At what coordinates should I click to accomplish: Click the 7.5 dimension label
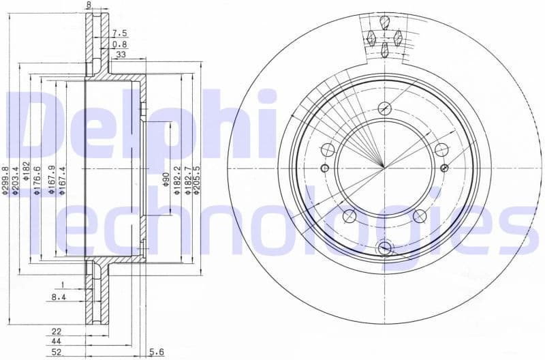(119, 33)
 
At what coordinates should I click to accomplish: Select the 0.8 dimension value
(119, 44)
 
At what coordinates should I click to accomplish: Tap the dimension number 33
(121, 55)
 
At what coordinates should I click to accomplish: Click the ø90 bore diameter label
(166, 181)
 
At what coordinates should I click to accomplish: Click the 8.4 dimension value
(59, 297)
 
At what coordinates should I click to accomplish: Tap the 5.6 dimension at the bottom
(157, 352)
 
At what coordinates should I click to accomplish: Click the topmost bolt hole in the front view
(385, 108)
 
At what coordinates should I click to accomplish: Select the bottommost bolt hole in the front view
(385, 247)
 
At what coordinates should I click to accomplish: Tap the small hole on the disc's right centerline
(444, 168)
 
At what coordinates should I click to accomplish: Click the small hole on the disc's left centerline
(325, 168)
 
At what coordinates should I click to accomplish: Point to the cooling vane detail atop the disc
(385, 37)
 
